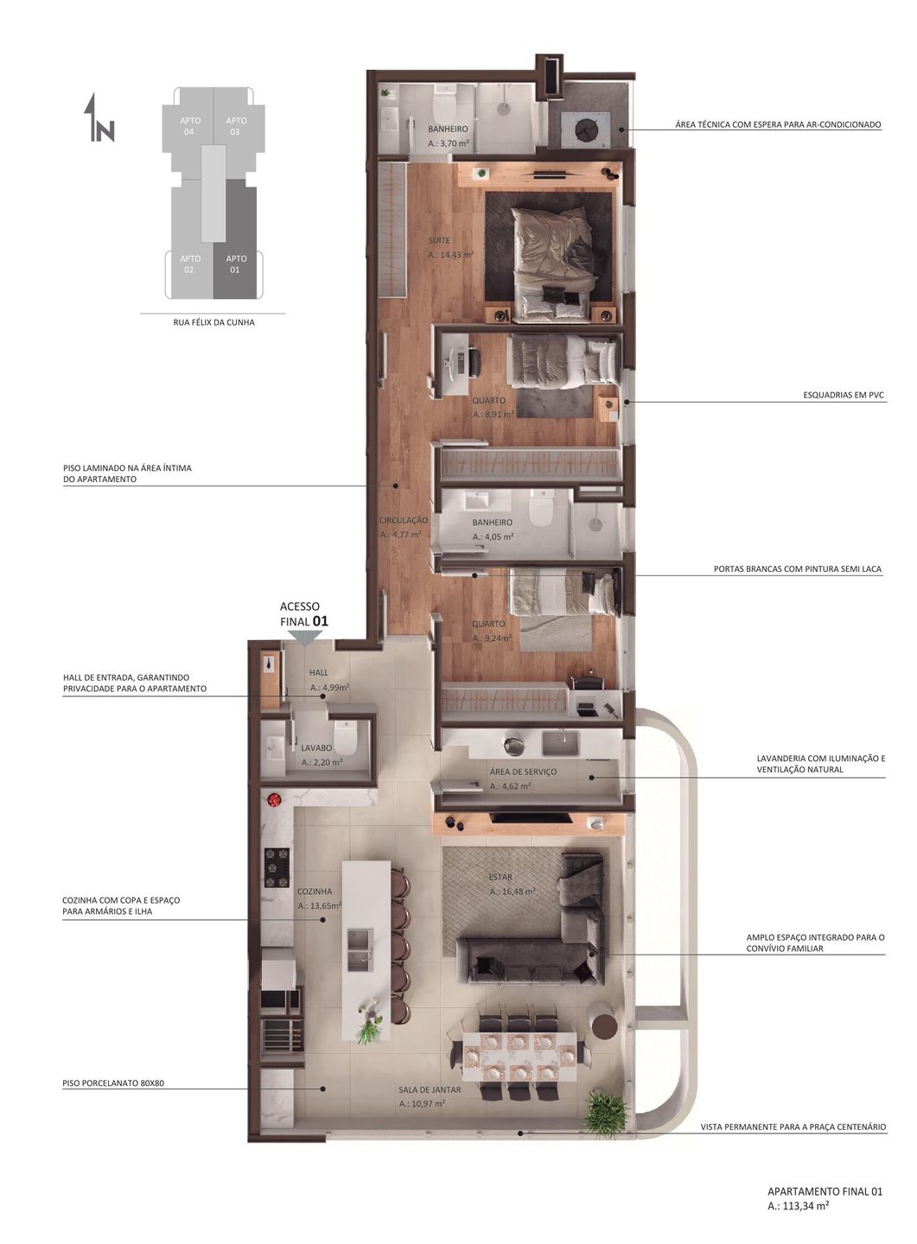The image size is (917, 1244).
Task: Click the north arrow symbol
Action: tap(98, 117)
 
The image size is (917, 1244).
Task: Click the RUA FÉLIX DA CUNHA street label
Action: tap(213, 322)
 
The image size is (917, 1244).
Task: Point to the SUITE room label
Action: tap(439, 240)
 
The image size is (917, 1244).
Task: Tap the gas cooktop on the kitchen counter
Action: tap(277, 867)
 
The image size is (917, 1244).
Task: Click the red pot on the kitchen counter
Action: tap(274, 800)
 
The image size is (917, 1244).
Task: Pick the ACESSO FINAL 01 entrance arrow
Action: tap(305, 638)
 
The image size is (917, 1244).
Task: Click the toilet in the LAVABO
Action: tap(345, 735)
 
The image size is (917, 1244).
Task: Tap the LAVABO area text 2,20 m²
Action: tap(322, 763)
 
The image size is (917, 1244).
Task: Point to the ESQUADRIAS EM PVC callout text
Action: tap(843, 396)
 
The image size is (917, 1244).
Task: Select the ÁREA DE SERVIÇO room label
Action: tap(523, 771)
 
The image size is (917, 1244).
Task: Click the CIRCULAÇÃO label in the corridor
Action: tap(404, 520)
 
